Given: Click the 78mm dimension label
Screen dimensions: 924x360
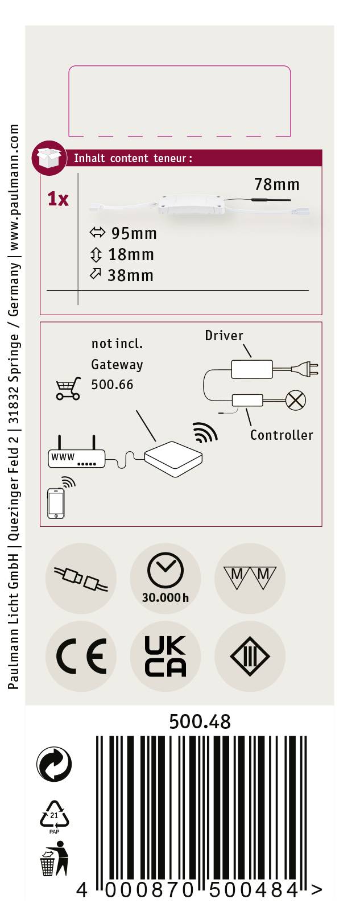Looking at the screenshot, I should click(276, 184).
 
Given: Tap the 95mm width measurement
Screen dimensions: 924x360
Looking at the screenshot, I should click(134, 233).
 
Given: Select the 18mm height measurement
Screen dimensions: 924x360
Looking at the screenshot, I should click(131, 254).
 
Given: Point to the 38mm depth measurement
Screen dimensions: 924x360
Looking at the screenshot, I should click(130, 275).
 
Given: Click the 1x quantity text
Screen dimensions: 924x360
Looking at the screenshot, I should click(58, 199).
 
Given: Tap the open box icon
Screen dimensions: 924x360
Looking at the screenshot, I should click(49, 158).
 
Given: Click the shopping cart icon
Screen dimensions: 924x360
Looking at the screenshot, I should click(68, 389).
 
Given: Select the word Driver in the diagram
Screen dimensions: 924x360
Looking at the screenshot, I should click(224, 336).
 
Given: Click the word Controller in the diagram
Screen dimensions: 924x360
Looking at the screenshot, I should click(282, 435).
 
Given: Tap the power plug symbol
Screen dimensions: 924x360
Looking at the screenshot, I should click(305, 369).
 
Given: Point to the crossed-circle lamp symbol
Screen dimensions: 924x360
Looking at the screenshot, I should click(295, 400).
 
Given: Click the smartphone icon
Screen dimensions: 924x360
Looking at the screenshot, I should click(56, 503).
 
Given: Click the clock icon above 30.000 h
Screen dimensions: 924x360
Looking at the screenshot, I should click(165, 570).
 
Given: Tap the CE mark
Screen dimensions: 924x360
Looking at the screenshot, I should click(81, 657).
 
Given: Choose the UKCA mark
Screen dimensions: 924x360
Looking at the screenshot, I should click(165, 657).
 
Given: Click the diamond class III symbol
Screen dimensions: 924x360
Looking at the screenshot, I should click(250, 657).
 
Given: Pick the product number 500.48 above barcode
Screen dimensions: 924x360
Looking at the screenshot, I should click(200, 721).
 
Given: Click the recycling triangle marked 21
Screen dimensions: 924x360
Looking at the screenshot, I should click(54, 815).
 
